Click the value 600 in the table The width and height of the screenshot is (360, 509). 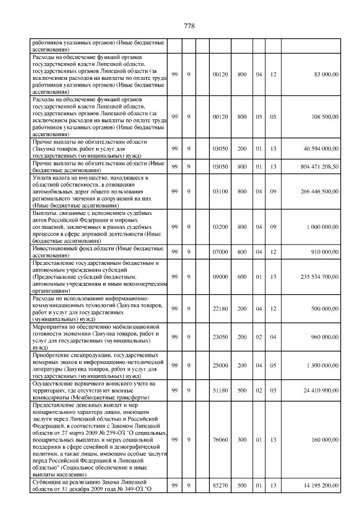click(242, 277)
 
